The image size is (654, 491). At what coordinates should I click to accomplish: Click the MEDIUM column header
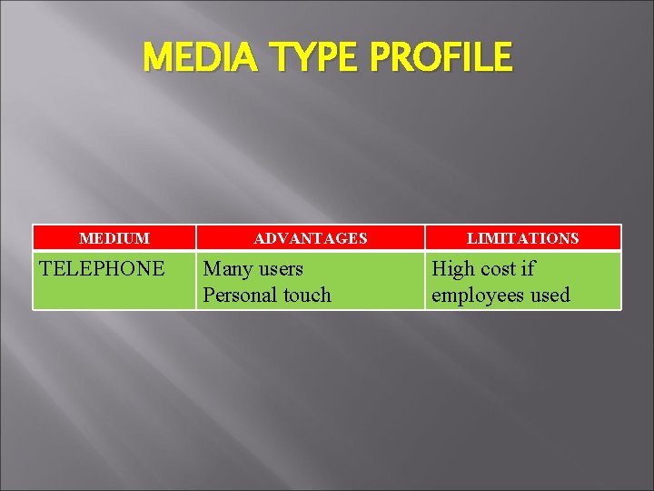tap(114, 238)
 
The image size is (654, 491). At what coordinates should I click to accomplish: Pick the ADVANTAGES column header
tap(311, 238)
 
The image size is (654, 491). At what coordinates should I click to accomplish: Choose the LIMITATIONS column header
tap(523, 238)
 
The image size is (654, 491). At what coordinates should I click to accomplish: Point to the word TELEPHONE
tap(103, 269)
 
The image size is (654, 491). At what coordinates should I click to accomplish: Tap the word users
tap(281, 269)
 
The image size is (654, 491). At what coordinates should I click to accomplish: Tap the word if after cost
tap(529, 269)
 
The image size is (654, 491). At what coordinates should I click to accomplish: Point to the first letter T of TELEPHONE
tap(46, 269)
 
